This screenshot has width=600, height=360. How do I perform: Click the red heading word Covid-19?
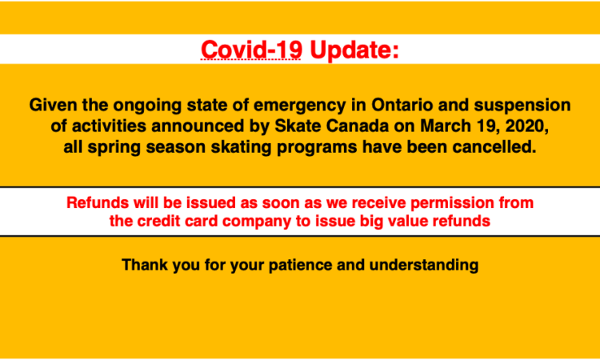(x=251, y=50)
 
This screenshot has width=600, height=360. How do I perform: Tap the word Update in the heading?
(x=351, y=50)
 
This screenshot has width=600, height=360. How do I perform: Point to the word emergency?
(x=300, y=106)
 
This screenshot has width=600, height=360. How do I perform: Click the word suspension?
(x=522, y=106)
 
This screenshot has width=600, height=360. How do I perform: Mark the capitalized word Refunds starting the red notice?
(x=98, y=202)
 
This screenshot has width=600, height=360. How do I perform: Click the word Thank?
(x=145, y=265)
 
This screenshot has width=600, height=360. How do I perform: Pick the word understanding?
(x=423, y=266)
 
